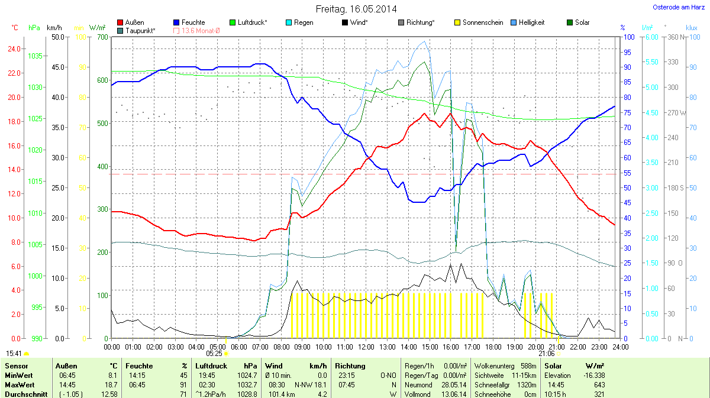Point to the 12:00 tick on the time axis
click(366, 347)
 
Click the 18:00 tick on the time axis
click(493, 347)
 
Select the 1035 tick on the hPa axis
click(35, 56)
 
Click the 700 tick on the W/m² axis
click(102, 37)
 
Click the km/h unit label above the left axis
click(54, 28)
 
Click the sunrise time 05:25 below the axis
click(214, 354)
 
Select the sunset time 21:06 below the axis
click(546, 354)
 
